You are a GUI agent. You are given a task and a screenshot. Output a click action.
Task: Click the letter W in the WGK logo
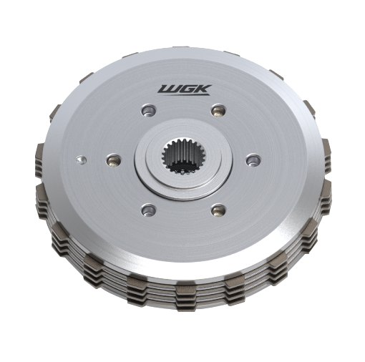pyautogui.click(x=167, y=89)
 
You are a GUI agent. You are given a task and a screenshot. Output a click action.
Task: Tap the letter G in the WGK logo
pyautogui.click(x=188, y=89)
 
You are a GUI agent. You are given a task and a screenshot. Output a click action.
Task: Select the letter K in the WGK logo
pyautogui.click(x=204, y=89)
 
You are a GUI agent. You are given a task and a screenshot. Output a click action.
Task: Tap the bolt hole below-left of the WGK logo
pyautogui.click(x=148, y=110)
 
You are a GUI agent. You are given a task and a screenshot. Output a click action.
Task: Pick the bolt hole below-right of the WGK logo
pyautogui.click(x=218, y=111)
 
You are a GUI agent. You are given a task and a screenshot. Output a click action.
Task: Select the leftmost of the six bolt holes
pyautogui.click(x=114, y=160)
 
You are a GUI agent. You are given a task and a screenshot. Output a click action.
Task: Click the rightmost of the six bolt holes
pyautogui.click(x=253, y=160)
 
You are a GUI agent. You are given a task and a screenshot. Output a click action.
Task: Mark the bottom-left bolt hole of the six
pyautogui.click(x=148, y=210)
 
